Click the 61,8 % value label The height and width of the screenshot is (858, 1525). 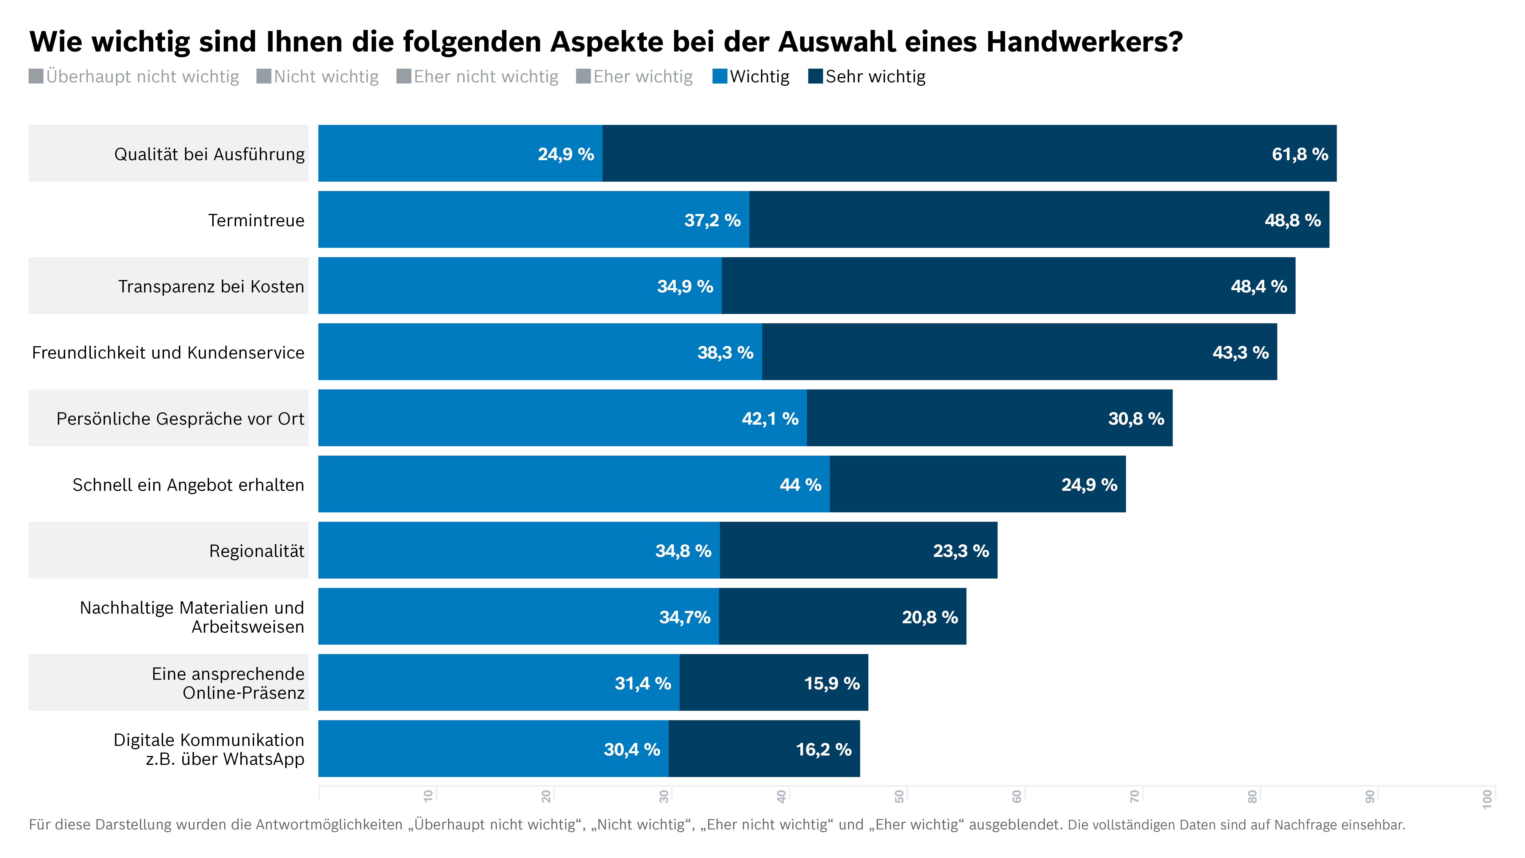coord(1299,154)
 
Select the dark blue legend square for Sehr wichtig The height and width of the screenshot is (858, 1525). coord(815,76)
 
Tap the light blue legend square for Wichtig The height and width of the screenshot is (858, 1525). coord(719,76)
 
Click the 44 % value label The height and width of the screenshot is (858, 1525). coord(800,485)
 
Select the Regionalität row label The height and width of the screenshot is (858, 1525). coord(256,551)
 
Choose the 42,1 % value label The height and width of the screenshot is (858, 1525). coord(770,419)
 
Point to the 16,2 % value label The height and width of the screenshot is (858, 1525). coord(823,750)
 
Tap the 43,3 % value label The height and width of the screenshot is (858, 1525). coord(1240,353)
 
